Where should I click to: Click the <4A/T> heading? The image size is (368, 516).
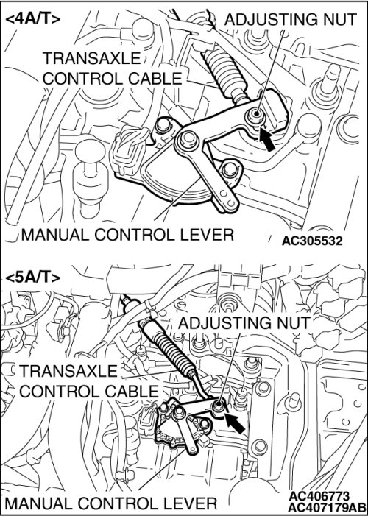[33, 19]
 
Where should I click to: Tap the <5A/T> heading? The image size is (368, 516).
[33, 278]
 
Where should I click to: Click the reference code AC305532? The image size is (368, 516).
[312, 241]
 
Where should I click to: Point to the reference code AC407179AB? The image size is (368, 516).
[328, 506]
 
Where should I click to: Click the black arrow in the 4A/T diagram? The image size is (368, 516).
[267, 138]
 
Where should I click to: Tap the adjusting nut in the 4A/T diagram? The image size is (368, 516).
[255, 116]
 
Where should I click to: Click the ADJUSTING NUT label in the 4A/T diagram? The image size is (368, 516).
[291, 20]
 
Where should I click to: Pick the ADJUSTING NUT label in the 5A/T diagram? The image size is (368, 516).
[244, 323]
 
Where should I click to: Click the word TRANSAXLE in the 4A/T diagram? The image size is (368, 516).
[92, 59]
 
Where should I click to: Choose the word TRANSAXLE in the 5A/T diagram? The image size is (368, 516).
[68, 371]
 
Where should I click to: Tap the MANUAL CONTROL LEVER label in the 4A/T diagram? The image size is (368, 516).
[128, 235]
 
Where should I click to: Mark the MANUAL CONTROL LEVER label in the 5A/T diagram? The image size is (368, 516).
[111, 503]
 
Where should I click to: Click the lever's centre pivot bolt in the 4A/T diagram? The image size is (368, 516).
[188, 140]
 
